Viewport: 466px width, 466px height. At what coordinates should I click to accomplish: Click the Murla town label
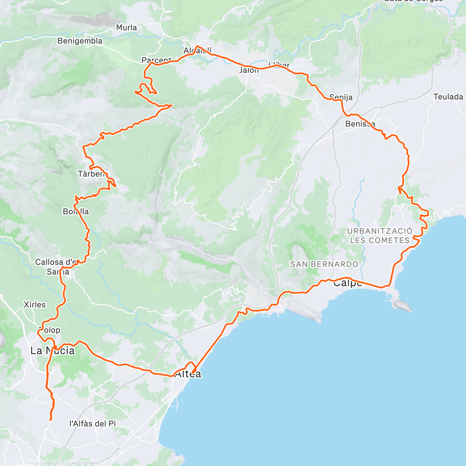tap(127, 28)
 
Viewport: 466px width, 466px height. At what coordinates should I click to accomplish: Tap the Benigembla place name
tap(80, 41)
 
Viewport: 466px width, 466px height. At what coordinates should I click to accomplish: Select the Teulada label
tap(448, 97)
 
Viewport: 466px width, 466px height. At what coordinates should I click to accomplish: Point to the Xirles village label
tap(35, 304)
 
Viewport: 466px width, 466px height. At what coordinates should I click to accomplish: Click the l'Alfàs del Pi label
tap(92, 423)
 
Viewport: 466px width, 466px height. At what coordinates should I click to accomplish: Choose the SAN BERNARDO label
tap(324, 264)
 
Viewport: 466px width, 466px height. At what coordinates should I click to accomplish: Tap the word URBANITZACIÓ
tap(380, 231)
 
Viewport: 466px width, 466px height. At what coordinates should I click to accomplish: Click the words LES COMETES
tap(380, 240)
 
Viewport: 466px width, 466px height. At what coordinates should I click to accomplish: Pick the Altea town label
tap(188, 374)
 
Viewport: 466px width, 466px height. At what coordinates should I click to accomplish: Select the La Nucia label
tap(52, 351)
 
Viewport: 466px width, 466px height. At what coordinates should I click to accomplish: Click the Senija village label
tap(341, 97)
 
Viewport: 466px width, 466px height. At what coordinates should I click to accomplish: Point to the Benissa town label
tap(360, 124)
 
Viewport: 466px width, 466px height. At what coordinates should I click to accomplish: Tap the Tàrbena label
tap(92, 174)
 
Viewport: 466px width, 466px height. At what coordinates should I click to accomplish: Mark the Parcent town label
tap(156, 60)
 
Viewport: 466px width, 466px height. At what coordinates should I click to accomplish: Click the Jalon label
tap(249, 70)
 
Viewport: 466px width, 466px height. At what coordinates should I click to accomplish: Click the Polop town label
tap(49, 330)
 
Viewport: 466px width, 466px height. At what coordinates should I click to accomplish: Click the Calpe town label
tap(347, 283)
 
